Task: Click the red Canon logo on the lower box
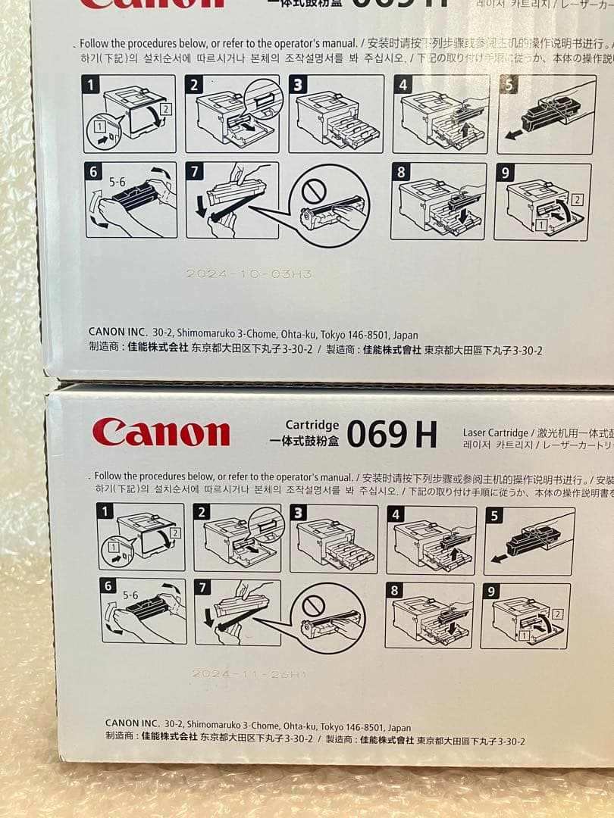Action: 161,432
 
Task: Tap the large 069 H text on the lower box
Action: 392,434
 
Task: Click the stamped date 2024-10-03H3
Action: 249,273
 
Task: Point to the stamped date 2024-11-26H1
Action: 249,673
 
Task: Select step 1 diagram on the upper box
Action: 130,114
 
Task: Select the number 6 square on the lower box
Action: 108,586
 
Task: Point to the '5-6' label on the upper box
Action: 117,183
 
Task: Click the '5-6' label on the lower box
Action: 130,596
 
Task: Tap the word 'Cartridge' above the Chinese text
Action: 312,425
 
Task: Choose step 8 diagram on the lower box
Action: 428,615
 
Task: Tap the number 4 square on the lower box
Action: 395,515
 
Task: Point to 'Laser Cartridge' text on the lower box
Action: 495,432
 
